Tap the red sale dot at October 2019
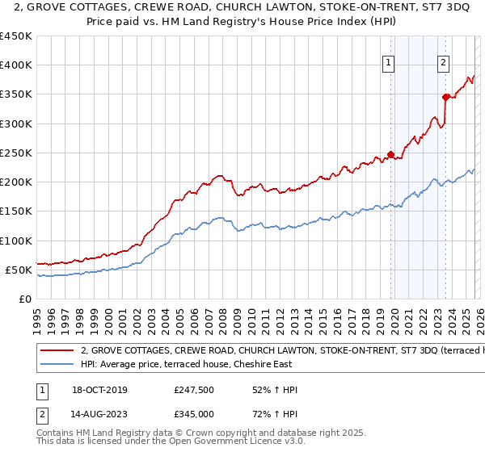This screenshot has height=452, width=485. (390, 154)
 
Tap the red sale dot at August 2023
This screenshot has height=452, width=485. (445, 97)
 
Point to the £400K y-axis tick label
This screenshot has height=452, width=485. (15, 65)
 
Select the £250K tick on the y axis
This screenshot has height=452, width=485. (15, 153)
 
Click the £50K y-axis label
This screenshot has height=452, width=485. (19, 270)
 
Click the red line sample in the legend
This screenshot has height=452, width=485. (57, 351)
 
